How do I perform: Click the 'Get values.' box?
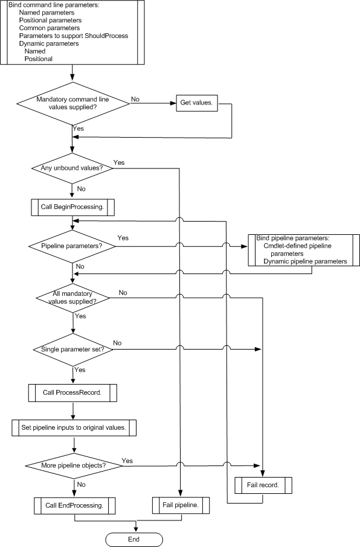[x=196, y=103]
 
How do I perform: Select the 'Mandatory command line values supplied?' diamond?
[x=72, y=103]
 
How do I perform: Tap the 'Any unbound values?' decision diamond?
[x=72, y=168]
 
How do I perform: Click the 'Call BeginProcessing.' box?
[x=72, y=207]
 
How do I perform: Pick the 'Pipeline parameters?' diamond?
[x=72, y=246]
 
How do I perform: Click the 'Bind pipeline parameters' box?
[x=304, y=250]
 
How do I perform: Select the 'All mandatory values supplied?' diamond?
[x=72, y=298]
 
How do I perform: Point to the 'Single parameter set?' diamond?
[x=73, y=350]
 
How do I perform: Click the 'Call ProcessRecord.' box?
[x=72, y=393]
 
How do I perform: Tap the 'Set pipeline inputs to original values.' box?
[x=74, y=427]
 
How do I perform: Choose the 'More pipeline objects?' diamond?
[x=74, y=465]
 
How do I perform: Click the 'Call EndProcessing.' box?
[x=74, y=505]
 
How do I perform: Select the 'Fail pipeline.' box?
[x=181, y=505]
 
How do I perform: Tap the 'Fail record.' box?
[x=263, y=485]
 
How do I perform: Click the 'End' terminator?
[x=134, y=540]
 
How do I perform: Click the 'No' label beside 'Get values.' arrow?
[x=135, y=100]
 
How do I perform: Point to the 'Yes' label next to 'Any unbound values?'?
[x=119, y=162]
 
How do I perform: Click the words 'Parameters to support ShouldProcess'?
[x=74, y=36]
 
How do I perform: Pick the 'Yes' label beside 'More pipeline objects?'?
[x=127, y=461]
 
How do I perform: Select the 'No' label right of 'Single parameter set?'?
[x=117, y=343]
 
